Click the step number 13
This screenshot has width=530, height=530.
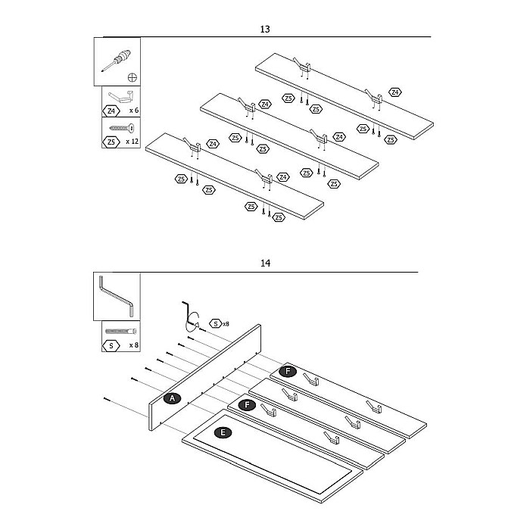265,30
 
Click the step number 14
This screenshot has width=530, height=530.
265,264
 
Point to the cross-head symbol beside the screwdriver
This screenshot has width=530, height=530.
133,77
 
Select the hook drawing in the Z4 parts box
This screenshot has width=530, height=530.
121,95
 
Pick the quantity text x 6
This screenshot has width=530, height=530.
133,110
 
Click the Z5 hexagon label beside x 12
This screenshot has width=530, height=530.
111,142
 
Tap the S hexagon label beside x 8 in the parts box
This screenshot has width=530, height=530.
111,345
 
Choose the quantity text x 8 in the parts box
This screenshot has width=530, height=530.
133,345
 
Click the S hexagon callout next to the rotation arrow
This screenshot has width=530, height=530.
216,323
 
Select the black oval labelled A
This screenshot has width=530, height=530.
172,398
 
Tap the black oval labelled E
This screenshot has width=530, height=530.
222,433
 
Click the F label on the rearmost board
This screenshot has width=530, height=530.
287,371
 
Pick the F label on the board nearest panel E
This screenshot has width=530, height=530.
247,405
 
